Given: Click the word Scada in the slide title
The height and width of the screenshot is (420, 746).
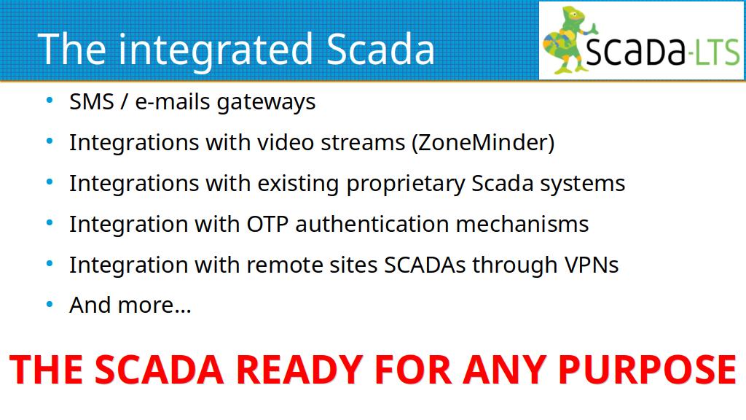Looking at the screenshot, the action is click(x=380, y=49).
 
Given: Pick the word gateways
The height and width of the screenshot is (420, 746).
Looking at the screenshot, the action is click(x=266, y=103).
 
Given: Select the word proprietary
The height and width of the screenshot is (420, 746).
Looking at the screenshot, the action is click(x=405, y=184).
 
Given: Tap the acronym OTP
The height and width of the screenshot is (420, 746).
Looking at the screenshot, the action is click(x=267, y=224).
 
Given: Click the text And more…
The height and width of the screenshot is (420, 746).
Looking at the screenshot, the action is click(x=130, y=306).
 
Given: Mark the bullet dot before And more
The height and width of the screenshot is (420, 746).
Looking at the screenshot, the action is click(x=50, y=304).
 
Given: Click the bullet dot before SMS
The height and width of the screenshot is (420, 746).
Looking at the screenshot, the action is click(x=50, y=101).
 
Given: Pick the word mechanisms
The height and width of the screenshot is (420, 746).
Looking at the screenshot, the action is click(x=522, y=224).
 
